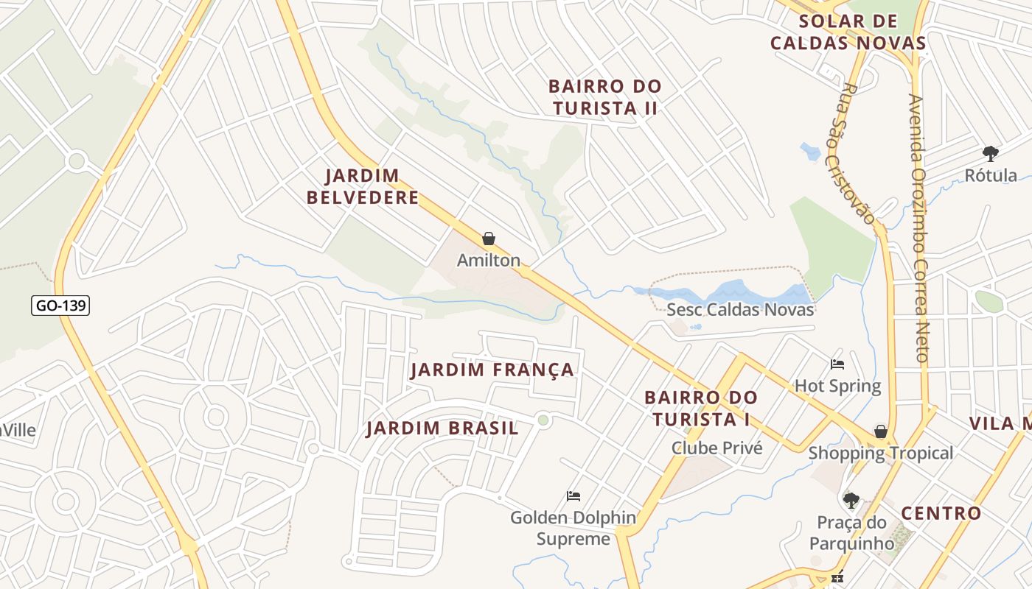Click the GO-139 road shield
tap(60, 306)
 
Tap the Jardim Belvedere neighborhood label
tap(363, 187)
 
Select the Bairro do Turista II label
tap(604, 97)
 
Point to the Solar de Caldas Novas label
tap(848, 32)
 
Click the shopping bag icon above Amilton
tap(488, 239)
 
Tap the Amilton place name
tap(488, 260)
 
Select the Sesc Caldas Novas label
tap(740, 309)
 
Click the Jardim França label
tap(492, 370)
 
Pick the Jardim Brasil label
tap(442, 428)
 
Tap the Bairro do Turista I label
tap(700, 408)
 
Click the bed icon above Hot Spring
tap(837, 364)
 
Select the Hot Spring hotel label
tap(837, 386)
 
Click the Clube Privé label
tap(717, 448)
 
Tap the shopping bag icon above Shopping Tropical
tap(880, 431)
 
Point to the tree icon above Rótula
tap(991, 154)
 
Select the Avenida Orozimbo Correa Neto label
tap(917, 228)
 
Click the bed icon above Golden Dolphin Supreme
tap(573, 496)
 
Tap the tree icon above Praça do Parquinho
tap(851, 501)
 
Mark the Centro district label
tap(941, 513)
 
